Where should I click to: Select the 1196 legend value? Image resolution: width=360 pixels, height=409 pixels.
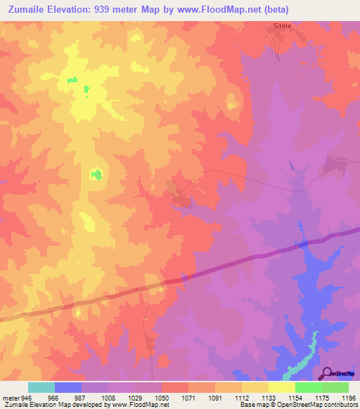coord(348,397)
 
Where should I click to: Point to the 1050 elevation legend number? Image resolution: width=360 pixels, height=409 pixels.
coord(161,397)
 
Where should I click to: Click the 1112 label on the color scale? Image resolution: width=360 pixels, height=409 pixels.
coord(241,397)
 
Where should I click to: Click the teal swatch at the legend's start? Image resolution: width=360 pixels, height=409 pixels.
coord(41,387)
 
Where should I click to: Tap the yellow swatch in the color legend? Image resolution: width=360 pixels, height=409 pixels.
coord(281,387)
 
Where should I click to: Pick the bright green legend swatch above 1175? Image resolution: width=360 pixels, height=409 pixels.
coord(308,387)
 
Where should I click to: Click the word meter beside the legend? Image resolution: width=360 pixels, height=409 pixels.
coord(12,397)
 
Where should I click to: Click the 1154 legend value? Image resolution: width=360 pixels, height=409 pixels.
coord(295,397)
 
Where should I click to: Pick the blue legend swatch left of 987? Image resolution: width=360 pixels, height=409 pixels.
coord(67,387)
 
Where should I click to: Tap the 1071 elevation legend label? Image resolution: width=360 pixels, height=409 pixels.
coord(188,397)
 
